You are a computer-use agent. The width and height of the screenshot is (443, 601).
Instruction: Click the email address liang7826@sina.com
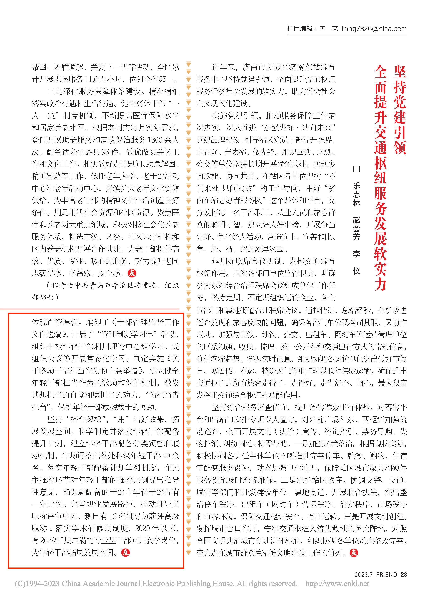click(x=374, y=29)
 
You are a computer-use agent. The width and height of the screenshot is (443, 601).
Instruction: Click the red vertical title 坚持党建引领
click(x=400, y=110)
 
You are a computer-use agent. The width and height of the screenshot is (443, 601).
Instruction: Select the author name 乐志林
click(x=356, y=194)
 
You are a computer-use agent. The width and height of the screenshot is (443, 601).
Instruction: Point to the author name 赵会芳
click(x=356, y=228)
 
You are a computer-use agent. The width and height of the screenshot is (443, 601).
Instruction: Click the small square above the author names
click(x=356, y=169)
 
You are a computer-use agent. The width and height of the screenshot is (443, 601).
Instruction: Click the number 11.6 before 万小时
click(x=93, y=79)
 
